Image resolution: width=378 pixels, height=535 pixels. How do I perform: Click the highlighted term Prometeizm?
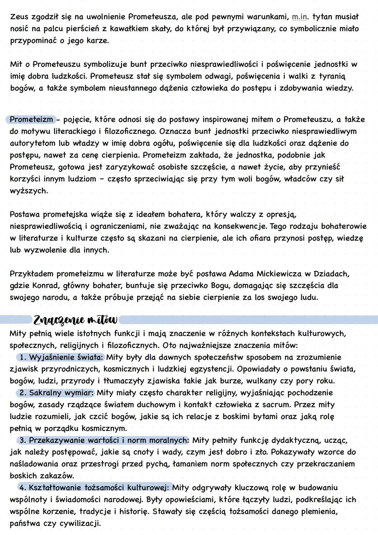point(31,119)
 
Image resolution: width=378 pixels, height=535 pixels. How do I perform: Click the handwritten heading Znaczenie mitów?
point(75,320)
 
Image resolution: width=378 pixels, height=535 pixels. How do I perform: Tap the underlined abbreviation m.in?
point(300,17)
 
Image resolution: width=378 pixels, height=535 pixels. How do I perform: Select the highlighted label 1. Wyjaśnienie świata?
point(62,357)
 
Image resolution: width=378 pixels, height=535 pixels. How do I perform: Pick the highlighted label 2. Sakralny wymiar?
point(57,393)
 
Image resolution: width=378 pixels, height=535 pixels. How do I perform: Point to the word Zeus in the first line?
point(19,17)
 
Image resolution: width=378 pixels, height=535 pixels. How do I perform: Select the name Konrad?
point(46,286)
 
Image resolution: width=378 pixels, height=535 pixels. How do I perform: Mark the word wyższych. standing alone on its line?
point(29,191)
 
